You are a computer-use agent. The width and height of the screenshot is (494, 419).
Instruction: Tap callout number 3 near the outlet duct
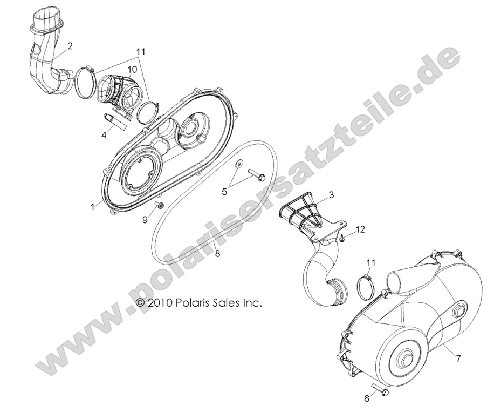(332, 194)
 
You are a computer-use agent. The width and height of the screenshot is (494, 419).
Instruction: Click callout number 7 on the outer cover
(458, 357)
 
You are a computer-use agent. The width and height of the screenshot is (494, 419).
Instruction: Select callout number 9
(145, 219)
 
